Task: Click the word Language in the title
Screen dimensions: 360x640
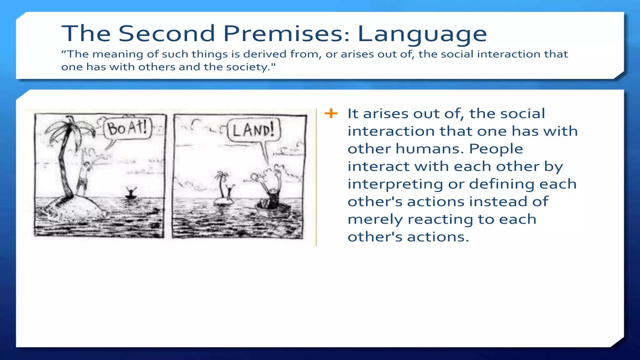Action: click(422, 34)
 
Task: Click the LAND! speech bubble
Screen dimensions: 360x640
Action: click(253, 130)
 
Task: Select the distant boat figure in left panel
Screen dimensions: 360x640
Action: click(131, 193)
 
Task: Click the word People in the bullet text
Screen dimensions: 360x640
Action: click(496, 149)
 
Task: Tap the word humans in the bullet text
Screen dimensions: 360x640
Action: click(430, 149)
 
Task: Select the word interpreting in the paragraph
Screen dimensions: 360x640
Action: click(395, 184)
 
